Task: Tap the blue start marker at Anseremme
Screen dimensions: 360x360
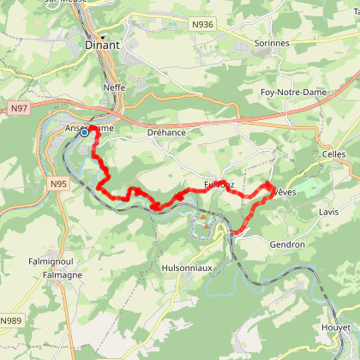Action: (85, 132)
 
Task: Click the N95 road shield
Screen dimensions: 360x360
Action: (58, 184)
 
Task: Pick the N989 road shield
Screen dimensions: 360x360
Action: (10, 321)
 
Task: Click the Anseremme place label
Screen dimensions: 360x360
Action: (88, 127)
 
